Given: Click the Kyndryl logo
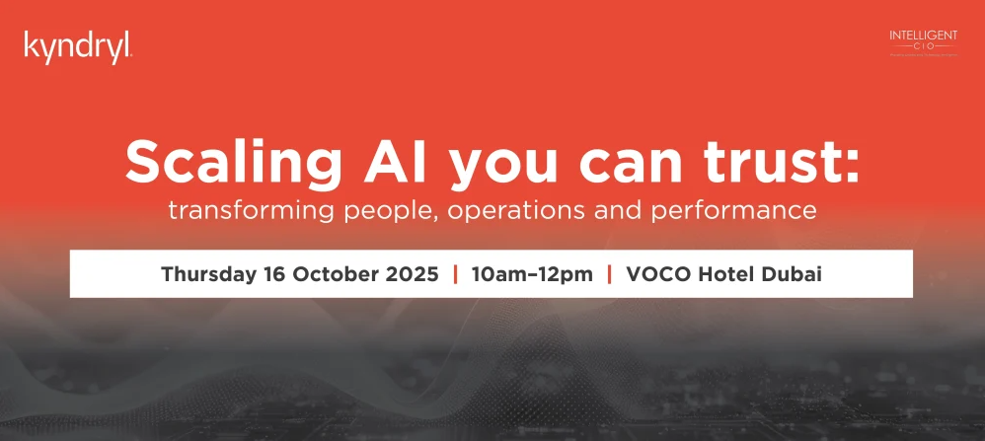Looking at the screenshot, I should tap(77, 46).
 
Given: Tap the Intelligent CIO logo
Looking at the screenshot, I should tap(923, 43).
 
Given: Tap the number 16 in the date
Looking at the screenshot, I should tap(271, 274).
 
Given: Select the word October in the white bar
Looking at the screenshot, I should tap(336, 274).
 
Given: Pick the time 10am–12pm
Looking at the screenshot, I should tap(532, 274).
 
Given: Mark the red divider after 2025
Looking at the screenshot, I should tap(455, 274).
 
